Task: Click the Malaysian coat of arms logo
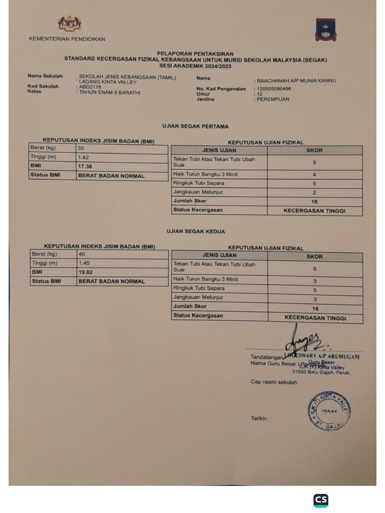pos(69,24)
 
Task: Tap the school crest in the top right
pos(325,30)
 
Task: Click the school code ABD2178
pos(90,87)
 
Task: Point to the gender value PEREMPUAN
pos(273,99)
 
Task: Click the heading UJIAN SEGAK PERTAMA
pos(196,127)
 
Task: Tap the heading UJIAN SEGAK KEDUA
pos(196,231)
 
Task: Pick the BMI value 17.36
pos(85,166)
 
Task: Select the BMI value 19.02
pos(86,272)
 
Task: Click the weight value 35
pos(81,148)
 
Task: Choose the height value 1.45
pos(84,263)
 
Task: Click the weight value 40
pos(82,254)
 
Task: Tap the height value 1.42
pos(84,157)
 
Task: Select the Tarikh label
pos(259,418)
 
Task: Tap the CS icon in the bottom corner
pos(321,500)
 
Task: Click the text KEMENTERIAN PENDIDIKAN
pos(67,39)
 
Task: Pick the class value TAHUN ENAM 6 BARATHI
pos(110,93)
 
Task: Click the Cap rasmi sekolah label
pos(274,382)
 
